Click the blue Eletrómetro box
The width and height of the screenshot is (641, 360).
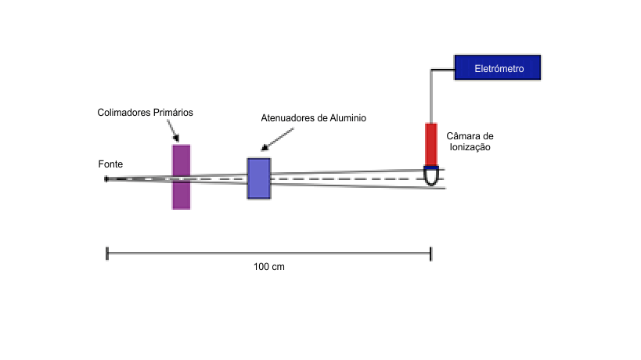[498, 69]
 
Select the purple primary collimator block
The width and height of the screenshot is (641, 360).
[182, 177]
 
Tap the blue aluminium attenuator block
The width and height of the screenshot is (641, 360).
[259, 178]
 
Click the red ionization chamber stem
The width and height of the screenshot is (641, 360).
[430, 143]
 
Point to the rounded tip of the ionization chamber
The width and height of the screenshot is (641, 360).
[431, 178]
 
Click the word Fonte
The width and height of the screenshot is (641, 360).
[110, 164]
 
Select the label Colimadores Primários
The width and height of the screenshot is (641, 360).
[145, 113]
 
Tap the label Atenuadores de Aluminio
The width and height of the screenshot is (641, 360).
[313, 118]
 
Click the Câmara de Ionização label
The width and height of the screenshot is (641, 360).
[470, 141]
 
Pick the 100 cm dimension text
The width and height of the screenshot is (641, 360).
[268, 267]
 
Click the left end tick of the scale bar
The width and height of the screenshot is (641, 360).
[106, 253]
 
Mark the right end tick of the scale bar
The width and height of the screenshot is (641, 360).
[430, 253]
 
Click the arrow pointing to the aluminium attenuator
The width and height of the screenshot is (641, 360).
[278, 137]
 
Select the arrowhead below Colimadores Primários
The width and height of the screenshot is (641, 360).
[178, 138]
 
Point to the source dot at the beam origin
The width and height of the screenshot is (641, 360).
[106, 179]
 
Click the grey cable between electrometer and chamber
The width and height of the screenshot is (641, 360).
[430, 94]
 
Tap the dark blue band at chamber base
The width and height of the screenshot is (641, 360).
[431, 166]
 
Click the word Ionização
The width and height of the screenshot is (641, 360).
[469, 146]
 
